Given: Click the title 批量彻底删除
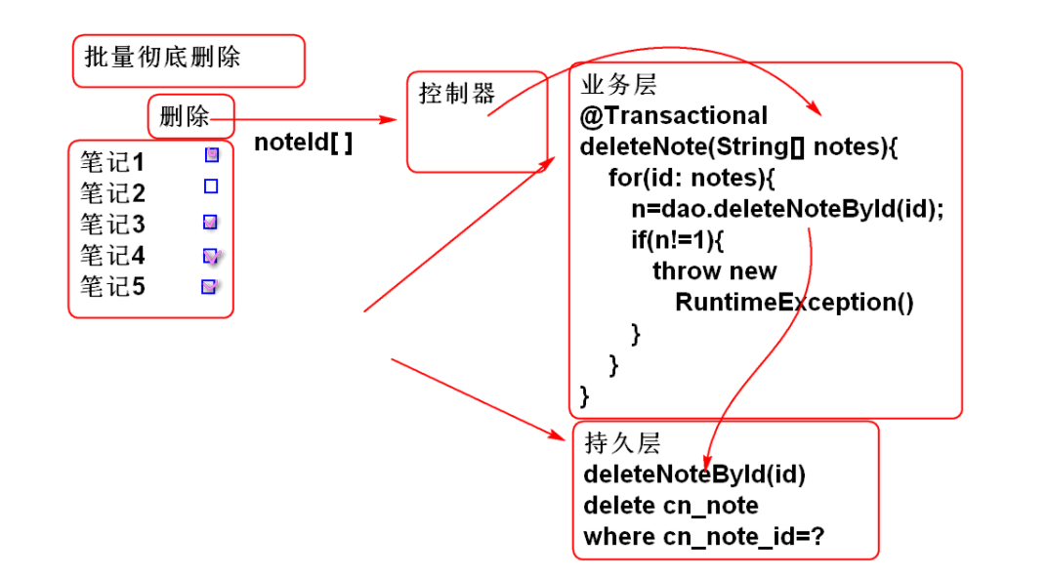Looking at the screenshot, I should click(162, 57).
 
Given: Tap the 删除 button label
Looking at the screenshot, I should click(185, 118).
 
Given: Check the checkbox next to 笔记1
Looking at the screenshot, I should click(212, 154).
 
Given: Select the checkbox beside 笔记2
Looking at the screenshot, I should click(211, 185).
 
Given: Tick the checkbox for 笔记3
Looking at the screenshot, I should click(210, 222).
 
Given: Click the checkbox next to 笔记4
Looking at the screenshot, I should click(210, 256).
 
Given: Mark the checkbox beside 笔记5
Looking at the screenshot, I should click(208, 286).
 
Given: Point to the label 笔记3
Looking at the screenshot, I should click(112, 225).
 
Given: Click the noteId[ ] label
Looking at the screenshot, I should click(303, 143).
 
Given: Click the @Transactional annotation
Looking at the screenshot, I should click(674, 115).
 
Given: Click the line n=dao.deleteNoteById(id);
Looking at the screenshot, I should click(788, 209).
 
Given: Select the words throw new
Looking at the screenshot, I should click(714, 270).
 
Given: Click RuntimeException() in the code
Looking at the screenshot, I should click(794, 302).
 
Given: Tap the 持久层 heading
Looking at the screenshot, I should click(622, 443).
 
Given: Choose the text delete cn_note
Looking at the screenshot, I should click(670, 506).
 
